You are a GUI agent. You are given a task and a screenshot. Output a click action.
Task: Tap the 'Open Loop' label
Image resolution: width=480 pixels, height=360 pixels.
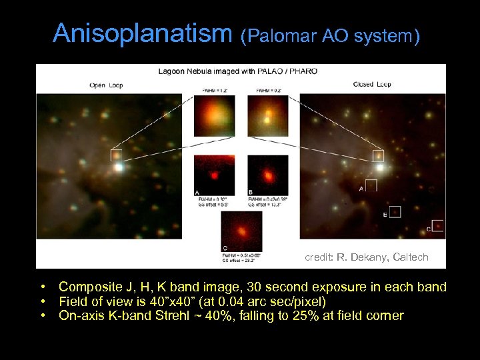(106, 85)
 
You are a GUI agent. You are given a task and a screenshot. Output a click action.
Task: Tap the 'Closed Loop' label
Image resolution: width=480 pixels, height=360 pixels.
(371, 85)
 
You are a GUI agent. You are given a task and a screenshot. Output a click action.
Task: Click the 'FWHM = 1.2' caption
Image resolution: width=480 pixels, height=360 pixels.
(213, 91)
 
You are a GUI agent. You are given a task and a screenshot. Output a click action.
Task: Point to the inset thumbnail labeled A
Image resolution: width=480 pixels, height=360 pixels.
(214, 175)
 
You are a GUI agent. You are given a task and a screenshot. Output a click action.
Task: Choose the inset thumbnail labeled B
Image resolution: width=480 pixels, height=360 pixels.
(267, 175)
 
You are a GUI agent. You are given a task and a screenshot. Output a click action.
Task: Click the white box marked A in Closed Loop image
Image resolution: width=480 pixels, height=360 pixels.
(371, 185)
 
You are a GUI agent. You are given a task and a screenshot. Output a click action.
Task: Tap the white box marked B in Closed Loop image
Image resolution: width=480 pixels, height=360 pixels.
(395, 211)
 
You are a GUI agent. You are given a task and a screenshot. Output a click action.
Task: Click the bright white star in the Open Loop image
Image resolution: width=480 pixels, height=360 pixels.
(119, 167)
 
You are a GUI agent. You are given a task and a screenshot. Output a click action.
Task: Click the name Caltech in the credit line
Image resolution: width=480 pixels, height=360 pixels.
(411, 257)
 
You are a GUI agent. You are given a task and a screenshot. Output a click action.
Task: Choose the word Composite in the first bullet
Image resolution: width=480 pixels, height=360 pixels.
(87, 287)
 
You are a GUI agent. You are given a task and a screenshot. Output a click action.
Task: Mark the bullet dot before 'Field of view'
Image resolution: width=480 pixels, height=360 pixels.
(42, 301)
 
